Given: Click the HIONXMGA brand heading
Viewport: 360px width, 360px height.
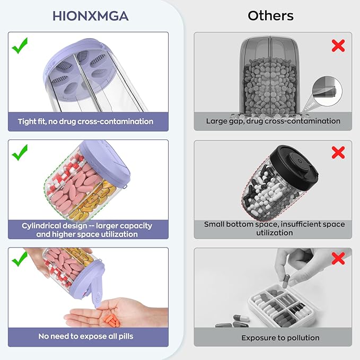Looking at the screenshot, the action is pyautogui.click(x=91, y=16).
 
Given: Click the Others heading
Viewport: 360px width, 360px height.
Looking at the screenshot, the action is pyautogui.click(x=270, y=16).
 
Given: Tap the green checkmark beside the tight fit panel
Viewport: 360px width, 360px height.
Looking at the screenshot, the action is pyautogui.click(x=20, y=46).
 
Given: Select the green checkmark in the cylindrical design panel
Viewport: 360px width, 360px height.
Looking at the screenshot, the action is pyautogui.click(x=20, y=153).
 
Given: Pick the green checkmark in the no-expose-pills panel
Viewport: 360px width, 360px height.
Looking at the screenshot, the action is pyautogui.click(x=20, y=259).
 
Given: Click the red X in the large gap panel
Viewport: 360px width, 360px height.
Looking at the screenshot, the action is pyautogui.click(x=338, y=46).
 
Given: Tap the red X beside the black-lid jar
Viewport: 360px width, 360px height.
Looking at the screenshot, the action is pyautogui.click(x=338, y=153).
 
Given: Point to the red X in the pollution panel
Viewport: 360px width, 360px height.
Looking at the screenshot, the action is pyautogui.click(x=338, y=258).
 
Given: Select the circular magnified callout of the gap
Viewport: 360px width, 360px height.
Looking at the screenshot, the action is pyautogui.click(x=327, y=91).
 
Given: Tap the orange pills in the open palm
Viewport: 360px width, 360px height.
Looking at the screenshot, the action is pyautogui.click(x=111, y=320).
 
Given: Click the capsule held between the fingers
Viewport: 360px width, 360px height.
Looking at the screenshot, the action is pyautogui.click(x=286, y=281).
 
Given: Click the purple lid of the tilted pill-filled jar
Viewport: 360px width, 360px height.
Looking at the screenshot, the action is pyautogui.click(x=104, y=163).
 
